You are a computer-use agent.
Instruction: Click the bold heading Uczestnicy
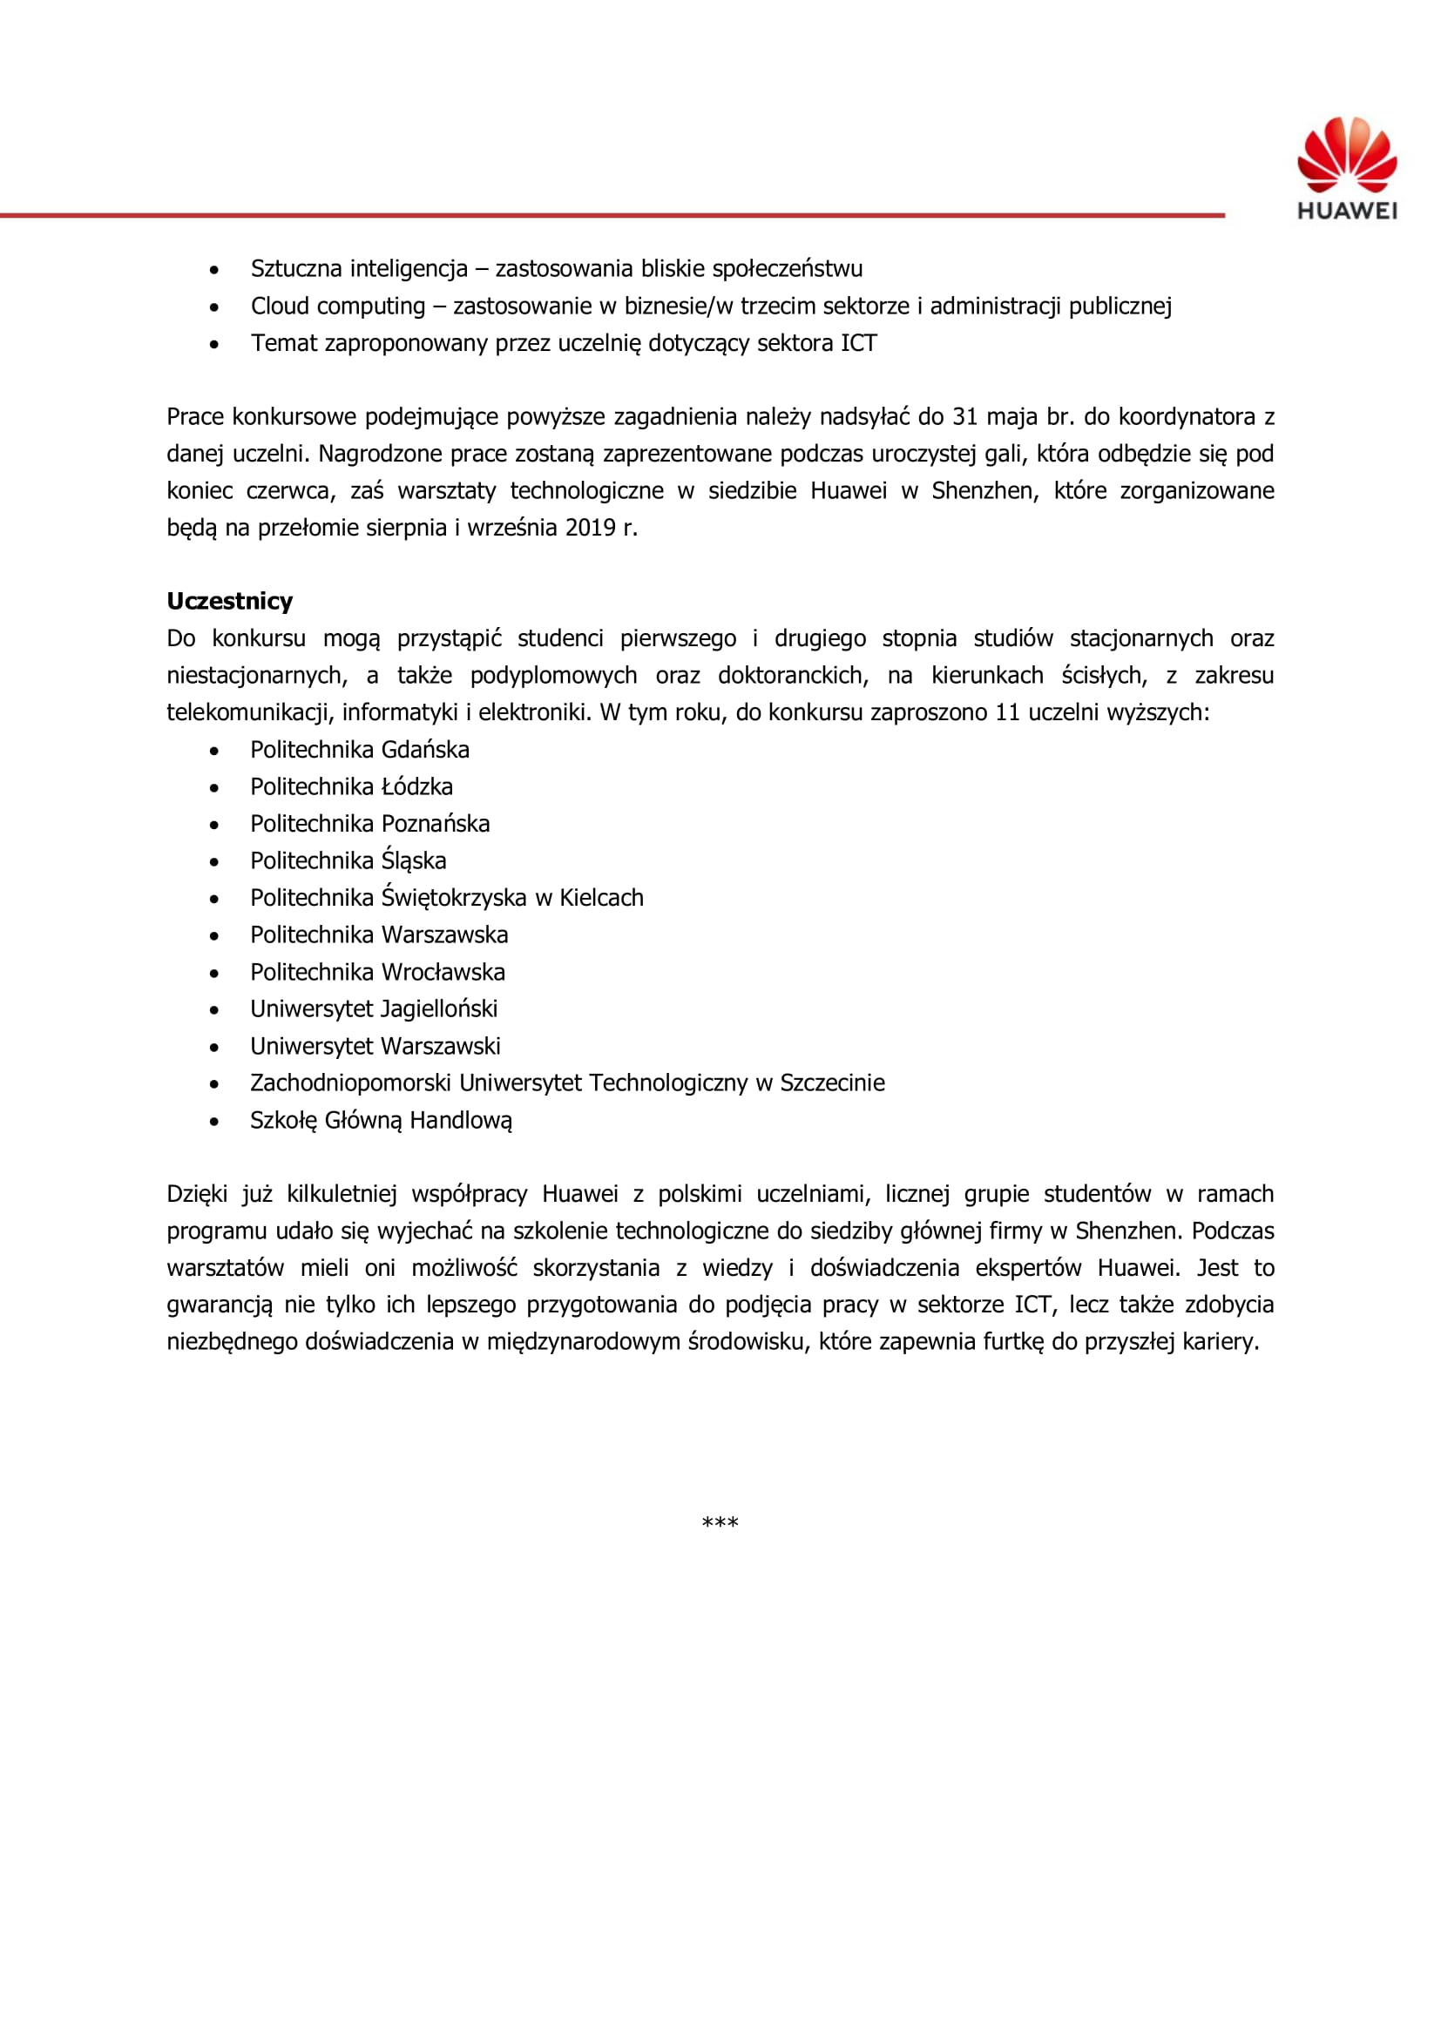230,602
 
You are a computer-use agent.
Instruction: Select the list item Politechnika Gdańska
359,750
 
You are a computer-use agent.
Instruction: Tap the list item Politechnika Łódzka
351,787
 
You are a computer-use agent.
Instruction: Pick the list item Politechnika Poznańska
369,824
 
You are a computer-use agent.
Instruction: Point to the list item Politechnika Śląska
348,860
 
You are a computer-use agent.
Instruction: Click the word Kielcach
601,898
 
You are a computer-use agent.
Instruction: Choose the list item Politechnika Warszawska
379,935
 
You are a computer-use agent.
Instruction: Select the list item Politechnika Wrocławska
377,973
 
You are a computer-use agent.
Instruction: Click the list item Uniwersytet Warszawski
375,1046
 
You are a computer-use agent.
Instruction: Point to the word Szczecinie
832,1083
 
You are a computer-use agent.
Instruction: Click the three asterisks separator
720,1523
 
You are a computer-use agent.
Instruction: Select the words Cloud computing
338,306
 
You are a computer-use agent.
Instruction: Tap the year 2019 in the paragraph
590,528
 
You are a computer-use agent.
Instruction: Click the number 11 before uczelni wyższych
1007,712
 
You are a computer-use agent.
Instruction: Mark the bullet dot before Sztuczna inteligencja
213,270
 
